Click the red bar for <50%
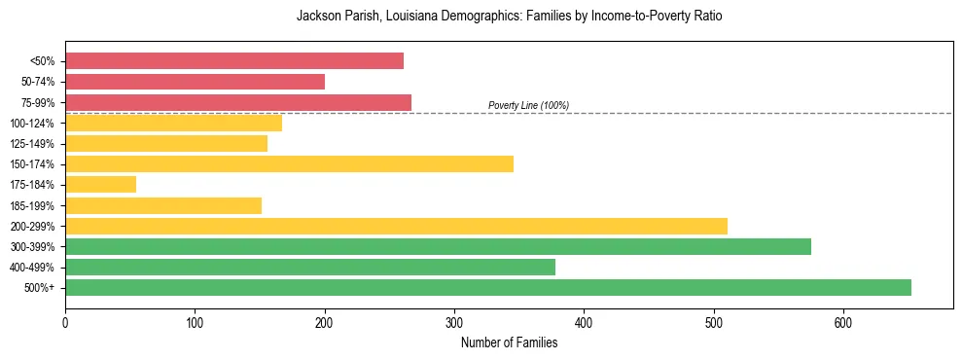(x=233, y=61)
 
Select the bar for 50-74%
(x=195, y=82)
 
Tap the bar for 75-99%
(x=237, y=102)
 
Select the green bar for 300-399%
(x=438, y=247)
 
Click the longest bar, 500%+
(x=487, y=288)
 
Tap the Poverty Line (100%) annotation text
(x=528, y=105)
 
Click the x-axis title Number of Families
(x=509, y=342)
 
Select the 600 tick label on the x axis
(x=843, y=323)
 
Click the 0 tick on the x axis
(x=65, y=323)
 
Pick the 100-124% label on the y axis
(x=32, y=124)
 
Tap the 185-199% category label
(x=32, y=206)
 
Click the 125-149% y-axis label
(x=32, y=144)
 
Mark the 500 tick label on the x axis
(x=714, y=323)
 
